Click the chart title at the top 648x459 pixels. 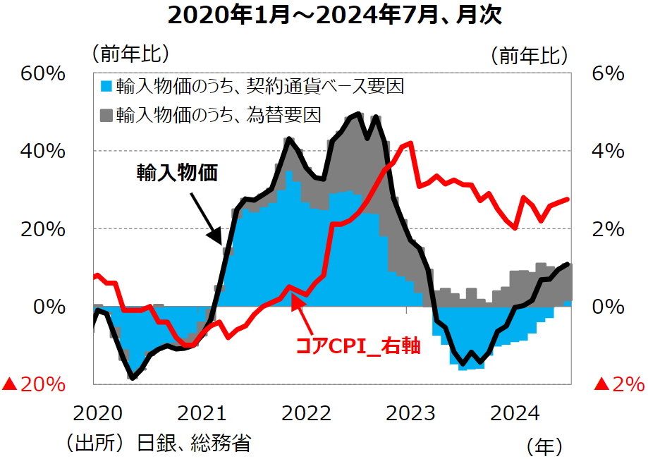pos(325,15)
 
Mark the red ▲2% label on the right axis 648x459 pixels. pos(618,385)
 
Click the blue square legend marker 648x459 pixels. pos(106,87)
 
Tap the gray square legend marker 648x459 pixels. pos(106,113)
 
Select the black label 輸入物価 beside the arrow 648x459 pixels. pos(176,172)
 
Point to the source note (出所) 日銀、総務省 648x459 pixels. pos(158,443)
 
